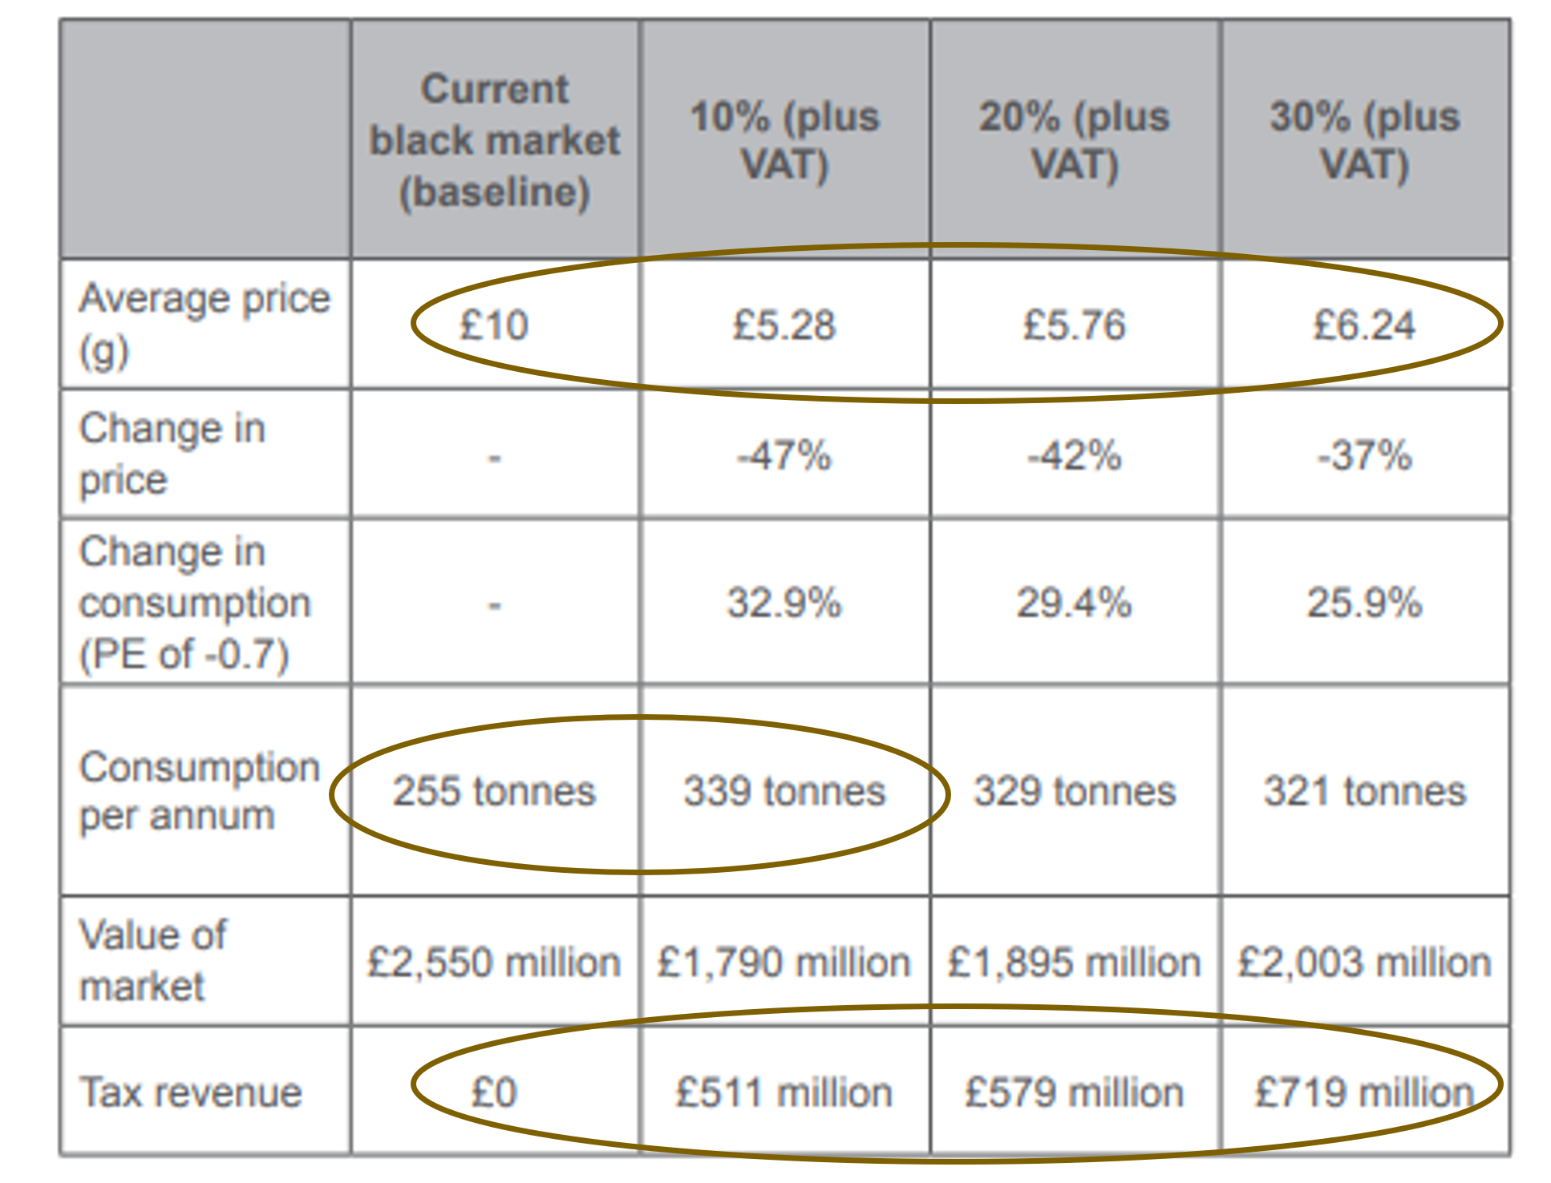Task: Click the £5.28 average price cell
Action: (x=784, y=325)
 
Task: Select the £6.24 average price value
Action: (x=1363, y=325)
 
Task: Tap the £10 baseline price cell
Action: (x=493, y=325)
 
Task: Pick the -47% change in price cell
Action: (x=784, y=455)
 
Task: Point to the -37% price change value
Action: (x=1363, y=455)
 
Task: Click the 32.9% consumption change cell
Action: (x=784, y=603)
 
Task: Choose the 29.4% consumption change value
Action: (x=1074, y=603)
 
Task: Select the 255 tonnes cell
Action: (x=493, y=791)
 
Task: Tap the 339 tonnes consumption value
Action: (x=784, y=791)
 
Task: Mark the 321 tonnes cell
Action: (x=1364, y=791)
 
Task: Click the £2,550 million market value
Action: (x=493, y=962)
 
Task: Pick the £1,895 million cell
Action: (x=1074, y=962)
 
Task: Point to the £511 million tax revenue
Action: (x=784, y=1092)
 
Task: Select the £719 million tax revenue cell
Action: (x=1363, y=1092)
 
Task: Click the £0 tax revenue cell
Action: (x=493, y=1092)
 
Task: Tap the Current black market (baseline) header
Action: (x=494, y=140)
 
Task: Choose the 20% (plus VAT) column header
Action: (x=1074, y=140)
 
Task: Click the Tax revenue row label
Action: (x=191, y=1092)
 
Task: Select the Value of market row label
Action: (x=152, y=960)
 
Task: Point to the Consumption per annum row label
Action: (x=199, y=791)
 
